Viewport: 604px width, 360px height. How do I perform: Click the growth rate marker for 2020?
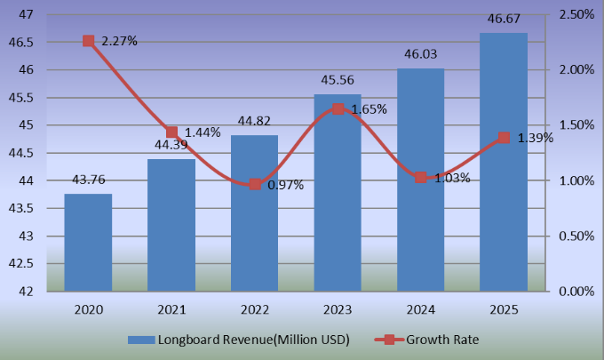(x=88, y=41)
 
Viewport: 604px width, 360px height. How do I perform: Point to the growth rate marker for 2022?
(x=255, y=184)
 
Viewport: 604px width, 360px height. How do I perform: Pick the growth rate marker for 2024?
(x=421, y=178)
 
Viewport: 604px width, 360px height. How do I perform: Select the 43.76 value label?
(x=88, y=184)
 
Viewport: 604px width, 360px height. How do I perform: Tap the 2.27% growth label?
(x=119, y=41)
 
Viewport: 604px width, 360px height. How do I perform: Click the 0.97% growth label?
(x=286, y=185)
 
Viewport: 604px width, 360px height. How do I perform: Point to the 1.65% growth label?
(x=369, y=109)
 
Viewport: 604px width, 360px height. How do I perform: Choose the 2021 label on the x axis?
(x=171, y=309)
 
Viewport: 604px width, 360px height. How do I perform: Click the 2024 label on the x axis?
(x=421, y=309)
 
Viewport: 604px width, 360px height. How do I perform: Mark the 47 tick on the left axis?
(x=26, y=14)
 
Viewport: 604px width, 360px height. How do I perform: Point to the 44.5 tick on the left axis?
(x=21, y=153)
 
